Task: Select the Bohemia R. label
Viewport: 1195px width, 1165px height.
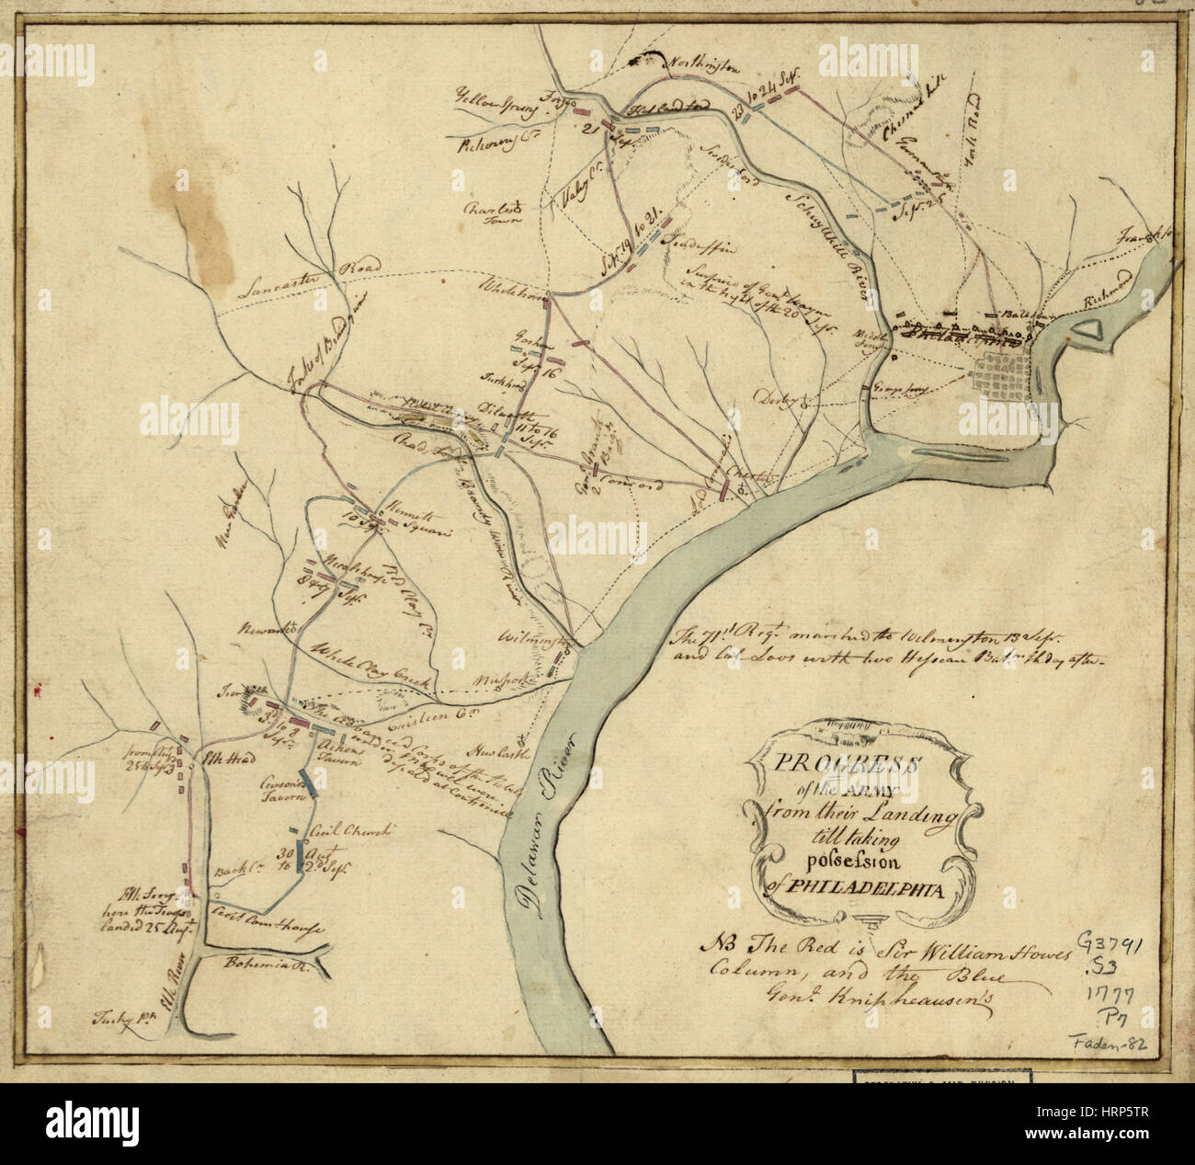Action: coord(256,961)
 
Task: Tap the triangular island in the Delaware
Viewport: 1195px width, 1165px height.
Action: coord(1088,330)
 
